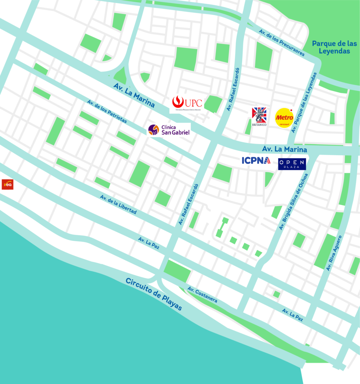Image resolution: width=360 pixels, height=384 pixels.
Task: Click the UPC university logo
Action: [x=187, y=103]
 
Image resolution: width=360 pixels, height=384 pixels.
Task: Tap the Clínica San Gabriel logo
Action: [x=169, y=130]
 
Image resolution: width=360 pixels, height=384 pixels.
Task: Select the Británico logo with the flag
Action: [x=259, y=116]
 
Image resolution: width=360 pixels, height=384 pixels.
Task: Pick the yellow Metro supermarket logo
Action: [x=284, y=118]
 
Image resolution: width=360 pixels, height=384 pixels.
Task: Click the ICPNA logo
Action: [x=256, y=160]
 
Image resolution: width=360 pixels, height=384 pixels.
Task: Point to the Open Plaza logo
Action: [x=292, y=163]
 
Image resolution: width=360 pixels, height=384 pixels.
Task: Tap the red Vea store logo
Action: [x=7, y=184]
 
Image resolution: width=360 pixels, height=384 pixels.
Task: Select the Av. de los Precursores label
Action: [x=282, y=43]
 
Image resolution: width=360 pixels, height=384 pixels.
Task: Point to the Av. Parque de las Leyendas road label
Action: [x=304, y=102]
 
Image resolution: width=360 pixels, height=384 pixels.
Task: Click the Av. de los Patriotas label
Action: [x=107, y=111]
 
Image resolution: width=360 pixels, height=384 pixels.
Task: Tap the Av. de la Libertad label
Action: [x=118, y=205]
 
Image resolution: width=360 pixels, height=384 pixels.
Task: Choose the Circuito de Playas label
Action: [x=154, y=294]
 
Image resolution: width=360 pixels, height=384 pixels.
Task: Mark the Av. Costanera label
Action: [x=202, y=295]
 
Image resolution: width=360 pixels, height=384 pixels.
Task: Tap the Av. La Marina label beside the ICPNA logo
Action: [x=285, y=149]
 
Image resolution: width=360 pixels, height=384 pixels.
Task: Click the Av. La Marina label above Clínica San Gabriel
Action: [x=134, y=95]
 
